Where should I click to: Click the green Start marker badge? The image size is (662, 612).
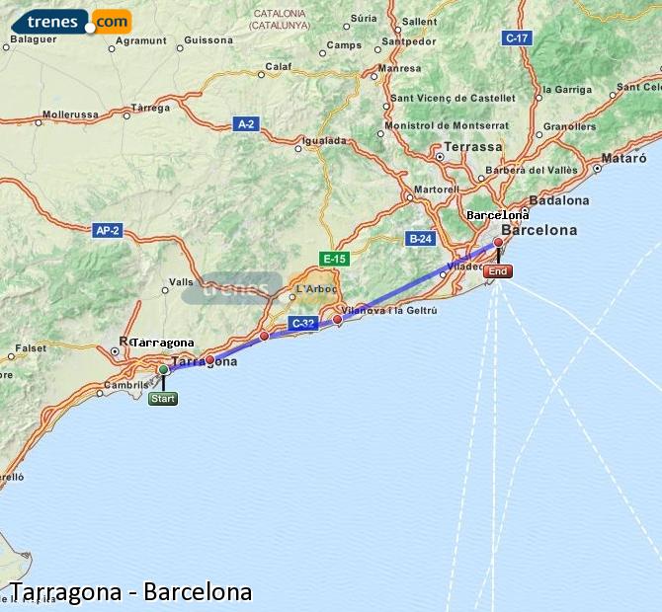[163, 399]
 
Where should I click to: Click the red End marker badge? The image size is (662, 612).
[499, 271]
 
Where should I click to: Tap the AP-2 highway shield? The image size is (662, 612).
[107, 230]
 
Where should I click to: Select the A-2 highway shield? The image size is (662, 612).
[246, 123]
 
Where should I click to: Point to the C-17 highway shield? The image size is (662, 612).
[517, 38]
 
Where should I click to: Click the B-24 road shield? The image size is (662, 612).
[420, 238]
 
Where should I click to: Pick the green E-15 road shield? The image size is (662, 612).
[334, 259]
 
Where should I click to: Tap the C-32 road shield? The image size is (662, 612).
[302, 323]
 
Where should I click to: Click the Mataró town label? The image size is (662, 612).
[623, 157]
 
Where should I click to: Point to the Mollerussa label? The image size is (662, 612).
[70, 115]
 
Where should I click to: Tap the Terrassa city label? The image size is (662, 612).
[474, 146]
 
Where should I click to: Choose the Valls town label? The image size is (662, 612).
[181, 281]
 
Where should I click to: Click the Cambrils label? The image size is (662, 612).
[127, 385]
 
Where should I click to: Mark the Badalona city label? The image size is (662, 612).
[559, 199]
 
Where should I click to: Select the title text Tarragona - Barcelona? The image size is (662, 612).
[130, 592]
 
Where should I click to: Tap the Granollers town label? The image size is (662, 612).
[570, 126]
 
